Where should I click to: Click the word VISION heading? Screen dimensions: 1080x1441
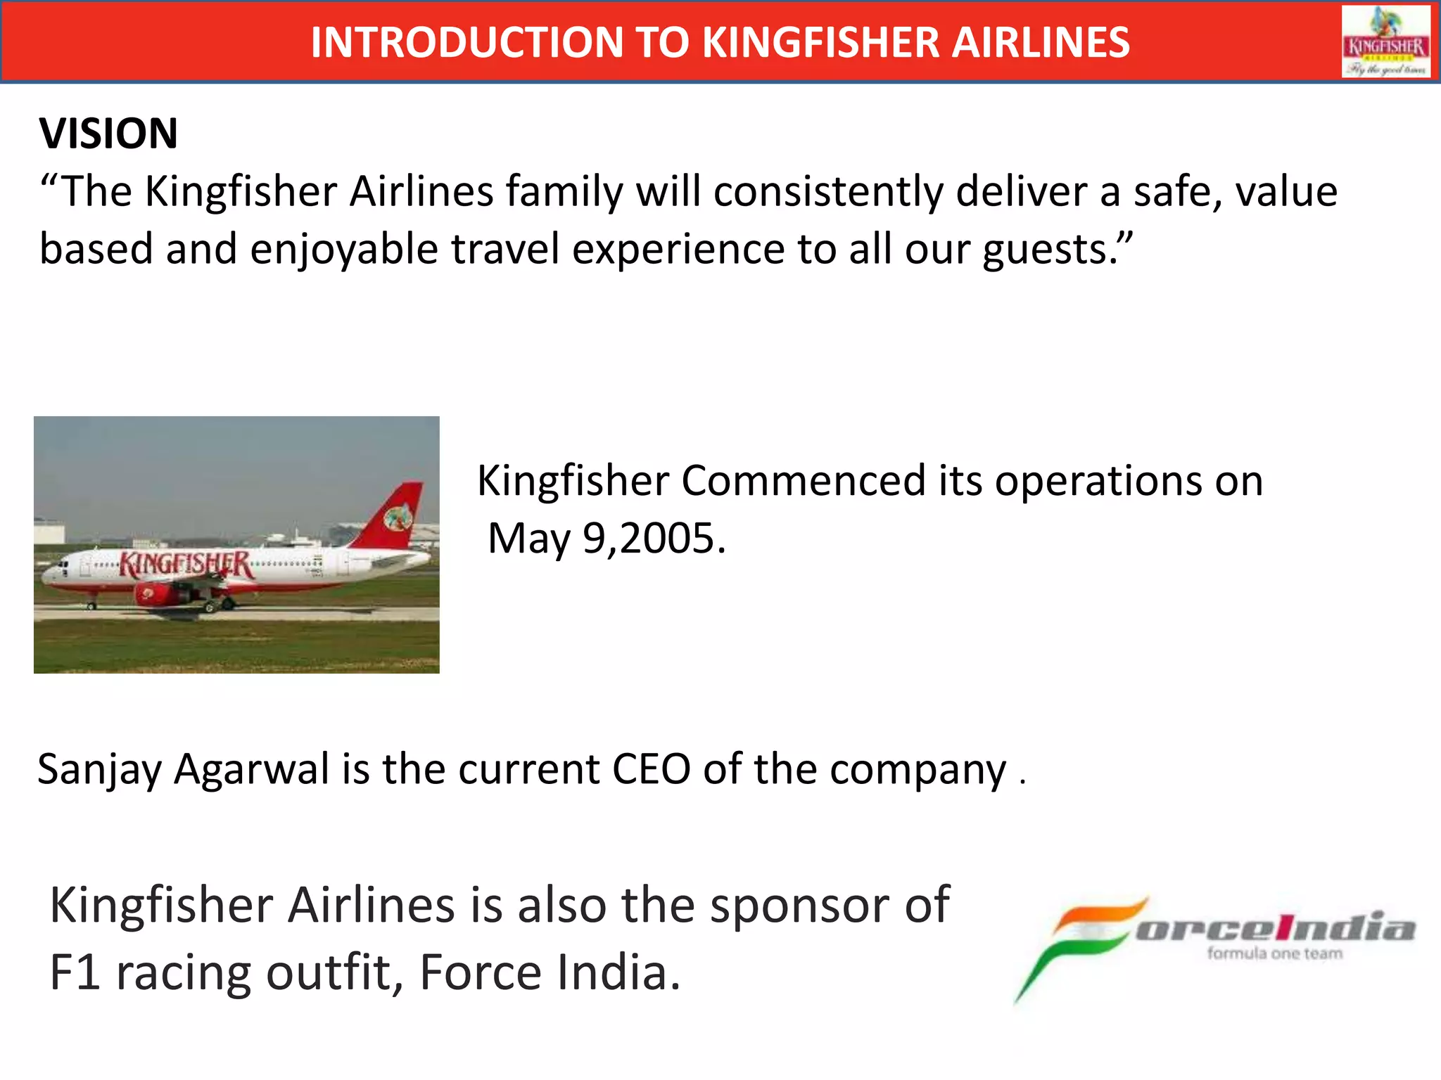point(108,134)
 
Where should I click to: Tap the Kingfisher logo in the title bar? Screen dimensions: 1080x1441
point(1385,42)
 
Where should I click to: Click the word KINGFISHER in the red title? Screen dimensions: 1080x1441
point(820,43)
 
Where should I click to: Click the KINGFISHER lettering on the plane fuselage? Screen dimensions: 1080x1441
point(185,564)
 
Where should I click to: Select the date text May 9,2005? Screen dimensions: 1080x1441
point(607,539)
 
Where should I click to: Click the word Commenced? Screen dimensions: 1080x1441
point(803,482)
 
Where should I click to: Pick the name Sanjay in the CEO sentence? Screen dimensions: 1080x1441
point(99,769)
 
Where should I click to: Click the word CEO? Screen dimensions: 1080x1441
point(651,769)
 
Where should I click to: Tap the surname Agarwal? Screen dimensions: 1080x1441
point(251,769)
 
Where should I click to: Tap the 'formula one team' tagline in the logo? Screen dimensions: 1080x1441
point(1274,953)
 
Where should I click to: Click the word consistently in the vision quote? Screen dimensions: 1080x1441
point(827,192)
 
